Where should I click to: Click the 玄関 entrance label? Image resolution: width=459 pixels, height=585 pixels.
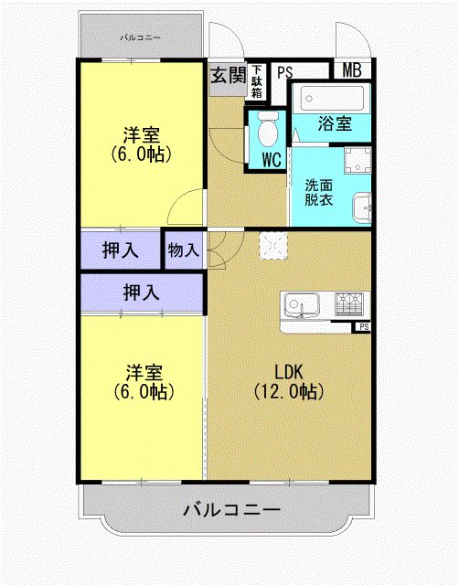[x=228, y=75]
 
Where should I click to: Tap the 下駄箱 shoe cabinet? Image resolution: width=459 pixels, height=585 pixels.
[x=257, y=81]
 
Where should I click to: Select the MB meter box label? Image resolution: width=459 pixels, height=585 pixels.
[x=352, y=70]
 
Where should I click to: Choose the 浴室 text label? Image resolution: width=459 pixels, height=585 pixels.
[x=335, y=124]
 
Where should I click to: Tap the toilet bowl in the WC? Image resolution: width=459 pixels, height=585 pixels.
[x=268, y=132]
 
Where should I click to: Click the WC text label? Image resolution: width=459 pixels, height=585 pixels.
[x=271, y=160]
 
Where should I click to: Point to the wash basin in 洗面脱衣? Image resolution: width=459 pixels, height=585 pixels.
[x=361, y=207]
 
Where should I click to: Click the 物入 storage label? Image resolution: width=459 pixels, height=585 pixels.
[x=184, y=249]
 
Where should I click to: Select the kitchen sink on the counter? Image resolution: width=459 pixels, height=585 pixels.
[x=299, y=303]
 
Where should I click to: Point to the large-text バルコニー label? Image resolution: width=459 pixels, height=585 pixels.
[x=231, y=510]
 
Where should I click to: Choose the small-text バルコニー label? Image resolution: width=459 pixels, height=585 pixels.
[x=141, y=37]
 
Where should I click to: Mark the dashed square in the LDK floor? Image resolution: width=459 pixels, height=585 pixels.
[x=272, y=246]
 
